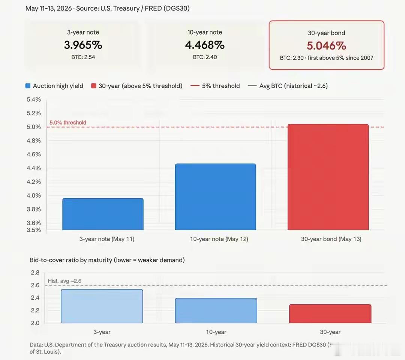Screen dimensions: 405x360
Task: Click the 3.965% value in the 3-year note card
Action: point(83,45)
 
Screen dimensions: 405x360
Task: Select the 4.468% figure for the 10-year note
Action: point(205,45)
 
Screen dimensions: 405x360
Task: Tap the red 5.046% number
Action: point(327,46)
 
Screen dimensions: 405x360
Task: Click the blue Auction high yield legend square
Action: point(28,86)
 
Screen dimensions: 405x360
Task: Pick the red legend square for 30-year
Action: point(94,86)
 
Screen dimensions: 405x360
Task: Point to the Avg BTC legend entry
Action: point(288,86)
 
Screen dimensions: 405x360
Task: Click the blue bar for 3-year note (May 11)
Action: point(103,214)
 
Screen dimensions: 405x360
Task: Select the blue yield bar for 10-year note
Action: point(215,197)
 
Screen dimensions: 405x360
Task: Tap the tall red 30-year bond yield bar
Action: point(328,177)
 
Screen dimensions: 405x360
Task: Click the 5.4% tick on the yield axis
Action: point(34,99)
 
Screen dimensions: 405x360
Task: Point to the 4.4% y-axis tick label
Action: point(34,168)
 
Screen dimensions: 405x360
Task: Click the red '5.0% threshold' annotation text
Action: point(68,122)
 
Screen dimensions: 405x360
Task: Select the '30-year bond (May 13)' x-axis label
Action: point(331,239)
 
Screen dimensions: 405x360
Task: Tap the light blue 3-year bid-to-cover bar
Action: point(102,306)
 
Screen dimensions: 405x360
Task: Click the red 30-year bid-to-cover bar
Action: point(330,314)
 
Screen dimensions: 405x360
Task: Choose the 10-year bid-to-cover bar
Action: point(216,310)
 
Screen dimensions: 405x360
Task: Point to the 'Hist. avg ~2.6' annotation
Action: point(64,281)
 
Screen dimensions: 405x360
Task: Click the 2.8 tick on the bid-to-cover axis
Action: point(35,273)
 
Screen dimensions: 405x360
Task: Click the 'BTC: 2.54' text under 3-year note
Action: point(83,57)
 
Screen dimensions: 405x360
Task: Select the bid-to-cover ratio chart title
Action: point(107,260)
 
